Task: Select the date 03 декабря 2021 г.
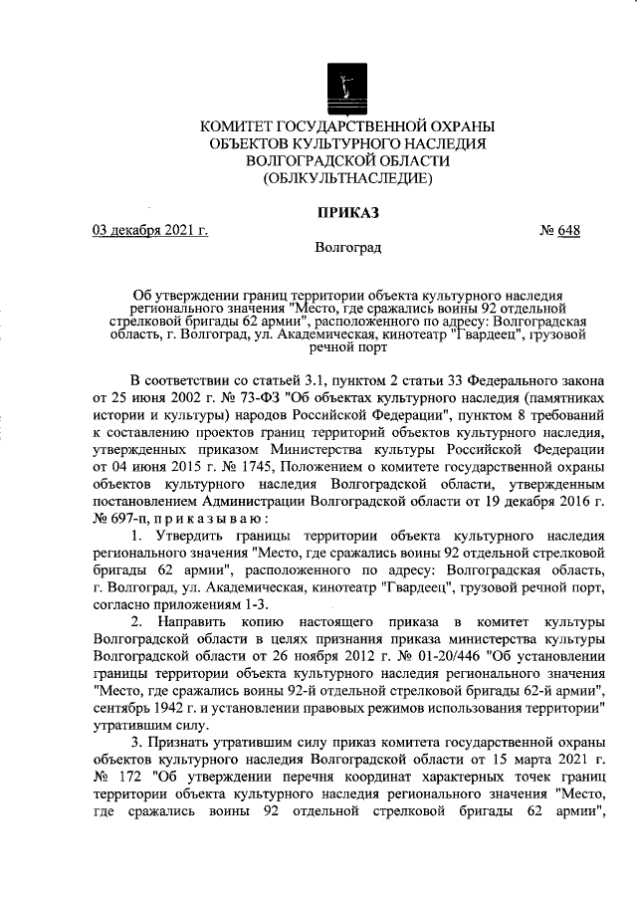pos(149,231)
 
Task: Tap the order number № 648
pos(559,231)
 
